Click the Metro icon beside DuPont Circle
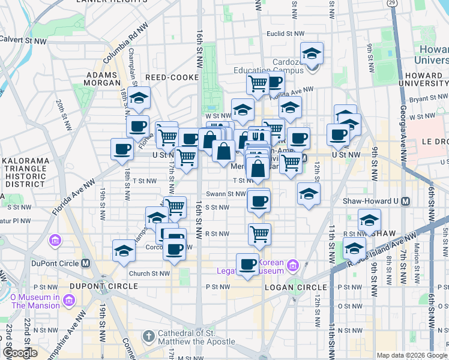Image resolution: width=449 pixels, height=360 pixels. (x=85, y=263)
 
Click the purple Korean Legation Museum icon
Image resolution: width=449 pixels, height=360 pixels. (x=293, y=265)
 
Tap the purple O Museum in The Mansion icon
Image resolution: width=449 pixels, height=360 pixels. (x=69, y=299)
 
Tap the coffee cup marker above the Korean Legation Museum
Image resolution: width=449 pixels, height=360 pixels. (x=247, y=263)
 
